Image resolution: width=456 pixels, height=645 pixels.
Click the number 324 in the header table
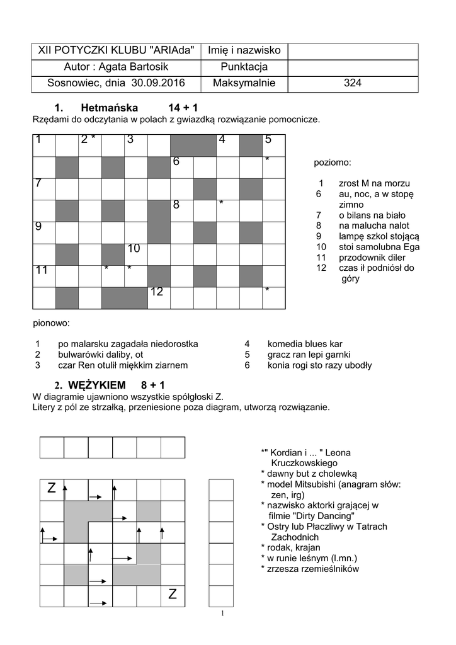[353, 83]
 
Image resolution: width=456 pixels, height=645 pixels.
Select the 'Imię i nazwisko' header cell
[244, 50]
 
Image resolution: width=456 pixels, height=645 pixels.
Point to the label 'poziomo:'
[333, 163]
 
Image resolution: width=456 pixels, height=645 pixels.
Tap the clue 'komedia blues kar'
[305, 345]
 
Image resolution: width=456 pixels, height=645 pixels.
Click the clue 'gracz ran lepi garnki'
[309, 355]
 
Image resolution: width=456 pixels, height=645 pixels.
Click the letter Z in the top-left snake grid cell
[52, 489]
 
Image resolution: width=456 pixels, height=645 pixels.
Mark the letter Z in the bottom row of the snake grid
[173, 595]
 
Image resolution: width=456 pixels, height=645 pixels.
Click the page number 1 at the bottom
[222, 614]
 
